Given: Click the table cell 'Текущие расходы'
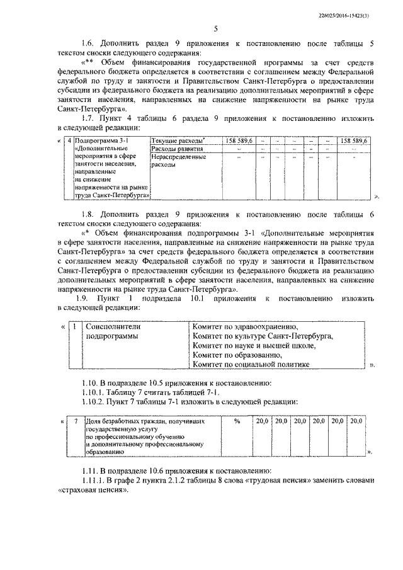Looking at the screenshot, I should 177,140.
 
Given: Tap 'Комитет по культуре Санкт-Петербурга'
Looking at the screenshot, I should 263,337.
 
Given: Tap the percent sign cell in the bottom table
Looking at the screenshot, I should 237,421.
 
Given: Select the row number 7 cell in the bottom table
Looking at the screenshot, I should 76,421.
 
